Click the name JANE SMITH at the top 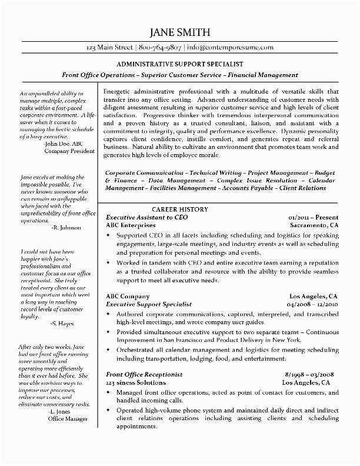tap(179, 32)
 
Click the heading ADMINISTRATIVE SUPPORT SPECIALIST tap(180, 63)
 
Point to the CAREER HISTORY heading tap(179, 209)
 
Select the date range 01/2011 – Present tap(314, 217)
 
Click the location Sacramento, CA tap(315, 225)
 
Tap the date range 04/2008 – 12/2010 tap(312, 304)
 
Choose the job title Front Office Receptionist tap(144, 374)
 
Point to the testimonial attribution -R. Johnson tap(66, 227)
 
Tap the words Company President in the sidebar tap(69, 151)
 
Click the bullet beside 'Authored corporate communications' tap(108, 315)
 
